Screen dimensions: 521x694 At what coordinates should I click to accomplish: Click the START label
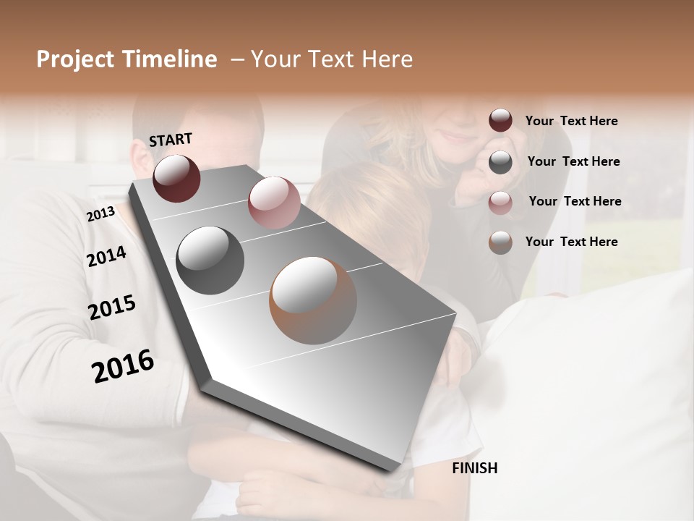(171, 139)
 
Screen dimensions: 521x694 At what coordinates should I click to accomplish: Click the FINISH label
(475, 468)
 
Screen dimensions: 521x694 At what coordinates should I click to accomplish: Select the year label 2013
(100, 213)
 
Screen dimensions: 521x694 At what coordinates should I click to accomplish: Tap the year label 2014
(106, 256)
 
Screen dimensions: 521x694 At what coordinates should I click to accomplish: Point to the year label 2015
(112, 308)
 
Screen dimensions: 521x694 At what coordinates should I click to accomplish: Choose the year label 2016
(123, 365)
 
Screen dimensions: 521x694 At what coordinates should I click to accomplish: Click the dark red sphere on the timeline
(176, 178)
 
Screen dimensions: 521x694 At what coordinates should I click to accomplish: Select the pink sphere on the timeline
(274, 203)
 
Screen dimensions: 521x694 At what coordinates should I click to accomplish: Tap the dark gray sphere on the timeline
(210, 260)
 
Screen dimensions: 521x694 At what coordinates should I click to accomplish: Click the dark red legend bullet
(500, 121)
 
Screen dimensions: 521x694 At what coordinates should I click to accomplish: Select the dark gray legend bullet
(500, 162)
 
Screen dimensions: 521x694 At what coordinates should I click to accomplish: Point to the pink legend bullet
(500, 202)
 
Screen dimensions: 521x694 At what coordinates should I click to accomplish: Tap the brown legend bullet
(500, 242)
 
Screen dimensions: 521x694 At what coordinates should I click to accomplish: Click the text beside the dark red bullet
(571, 122)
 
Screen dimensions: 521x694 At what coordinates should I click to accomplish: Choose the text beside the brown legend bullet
(571, 242)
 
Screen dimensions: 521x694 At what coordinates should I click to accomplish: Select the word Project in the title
(74, 59)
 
